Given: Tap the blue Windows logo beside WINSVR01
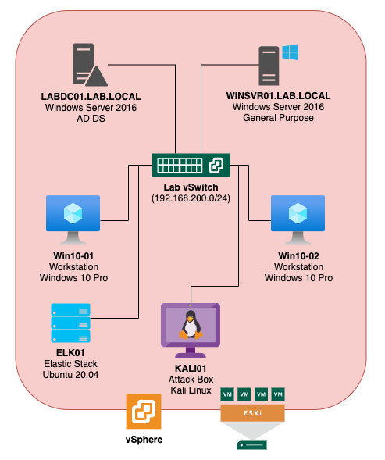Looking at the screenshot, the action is (290, 52).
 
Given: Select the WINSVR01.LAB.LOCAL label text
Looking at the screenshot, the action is (278, 96).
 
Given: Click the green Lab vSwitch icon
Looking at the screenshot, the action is (191, 165).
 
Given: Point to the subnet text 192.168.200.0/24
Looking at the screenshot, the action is (191, 198).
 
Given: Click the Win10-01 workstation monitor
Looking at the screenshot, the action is (73, 220).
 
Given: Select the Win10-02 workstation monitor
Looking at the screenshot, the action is (298, 220).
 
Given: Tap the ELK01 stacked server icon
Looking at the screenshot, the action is (71, 323).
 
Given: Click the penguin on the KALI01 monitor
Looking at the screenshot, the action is (191, 325).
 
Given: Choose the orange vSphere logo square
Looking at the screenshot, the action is (144, 412).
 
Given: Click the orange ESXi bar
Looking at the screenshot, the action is (253, 413).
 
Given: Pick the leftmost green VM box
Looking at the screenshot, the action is (227, 394).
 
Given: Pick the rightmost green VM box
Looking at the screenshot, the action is (278, 394).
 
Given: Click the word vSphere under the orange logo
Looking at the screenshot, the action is (144, 440).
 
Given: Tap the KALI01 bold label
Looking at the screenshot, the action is (191, 368).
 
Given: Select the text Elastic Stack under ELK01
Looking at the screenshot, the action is (71, 364).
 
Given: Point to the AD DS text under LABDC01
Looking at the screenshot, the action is (91, 119).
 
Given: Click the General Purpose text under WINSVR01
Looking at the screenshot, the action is (278, 118).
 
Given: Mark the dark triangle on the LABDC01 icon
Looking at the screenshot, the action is (97, 77).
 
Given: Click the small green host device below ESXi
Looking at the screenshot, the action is (251, 445).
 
